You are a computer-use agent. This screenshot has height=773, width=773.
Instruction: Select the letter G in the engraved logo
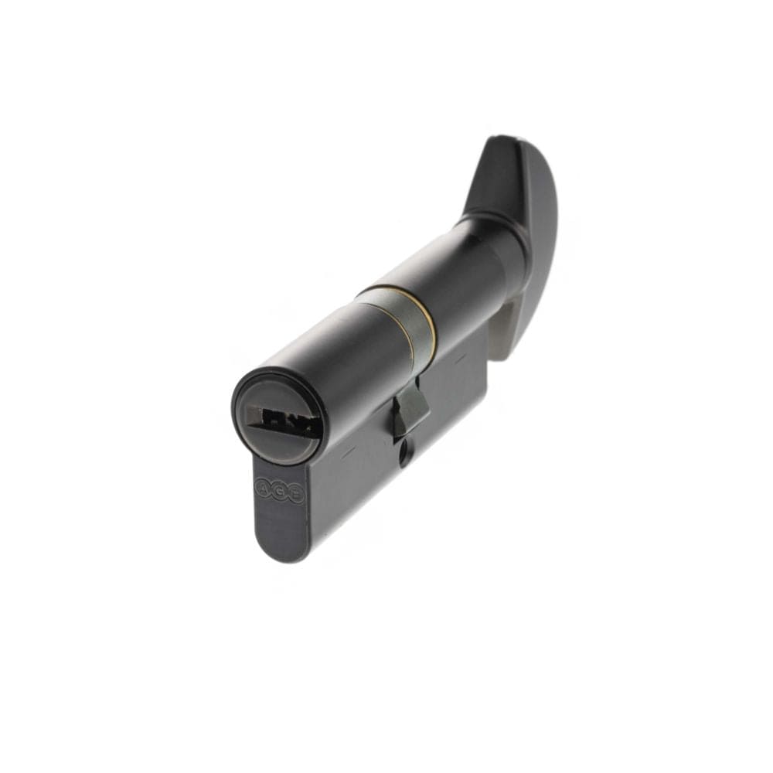pyautogui.click(x=279, y=492)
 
